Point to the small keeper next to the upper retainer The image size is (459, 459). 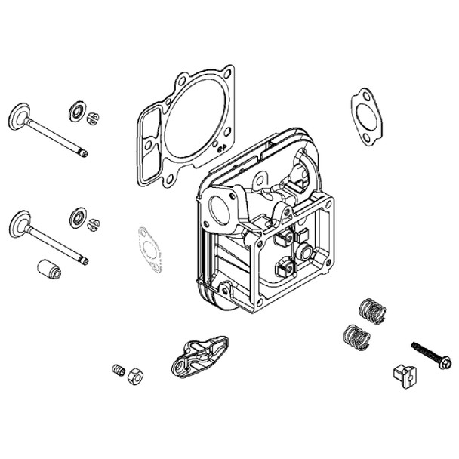(x=94, y=118)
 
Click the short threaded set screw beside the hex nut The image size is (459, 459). (x=118, y=369)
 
